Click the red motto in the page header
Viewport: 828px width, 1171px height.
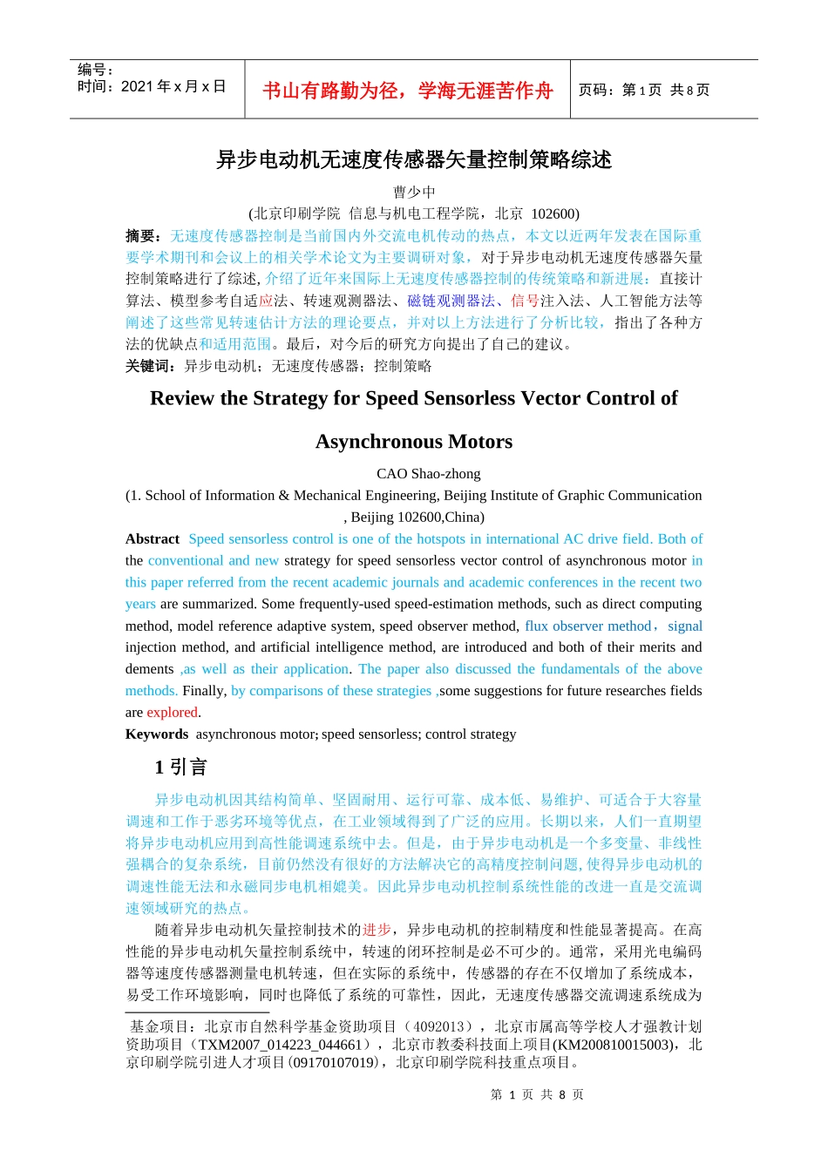(407, 91)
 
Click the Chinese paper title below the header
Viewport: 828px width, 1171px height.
(414, 159)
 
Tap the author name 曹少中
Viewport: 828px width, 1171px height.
(414, 192)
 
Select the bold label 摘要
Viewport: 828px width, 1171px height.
(142, 236)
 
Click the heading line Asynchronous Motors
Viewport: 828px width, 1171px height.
(414, 442)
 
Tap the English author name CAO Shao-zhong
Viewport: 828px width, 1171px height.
(428, 474)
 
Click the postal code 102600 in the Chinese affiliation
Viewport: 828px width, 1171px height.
(553, 213)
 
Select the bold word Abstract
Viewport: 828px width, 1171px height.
(153, 539)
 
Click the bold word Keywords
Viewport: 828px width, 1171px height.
(157, 734)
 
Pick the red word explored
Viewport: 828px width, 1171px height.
(173, 713)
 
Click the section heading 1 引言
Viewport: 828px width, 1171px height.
(181, 767)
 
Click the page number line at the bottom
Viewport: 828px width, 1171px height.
(537, 1094)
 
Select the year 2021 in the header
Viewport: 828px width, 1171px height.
(137, 86)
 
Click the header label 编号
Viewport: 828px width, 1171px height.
(94, 70)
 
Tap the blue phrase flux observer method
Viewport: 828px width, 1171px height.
(588, 626)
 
